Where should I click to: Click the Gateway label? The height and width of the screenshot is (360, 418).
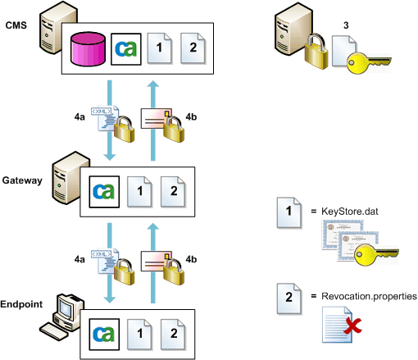pyautogui.click(x=21, y=180)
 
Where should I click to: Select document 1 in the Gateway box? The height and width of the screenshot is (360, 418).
pyautogui.click(x=140, y=193)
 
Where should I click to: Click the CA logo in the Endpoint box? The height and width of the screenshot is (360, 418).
pyautogui.click(x=102, y=333)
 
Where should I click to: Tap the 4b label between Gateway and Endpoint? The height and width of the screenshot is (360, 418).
pyautogui.click(x=192, y=258)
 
